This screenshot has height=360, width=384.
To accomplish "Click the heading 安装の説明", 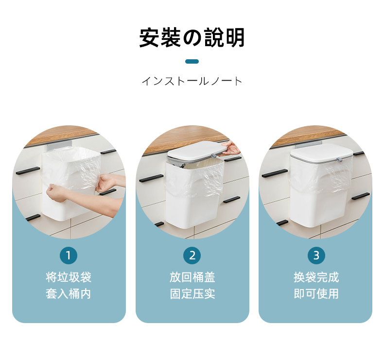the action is coord(192,37).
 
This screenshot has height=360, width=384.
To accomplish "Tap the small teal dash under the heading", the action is coord(192,61).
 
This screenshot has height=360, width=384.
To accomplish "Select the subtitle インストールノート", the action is coord(192,81).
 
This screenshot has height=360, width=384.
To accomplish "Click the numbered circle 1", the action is coord(69,256).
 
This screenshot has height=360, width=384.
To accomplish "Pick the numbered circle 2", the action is coord(192,256).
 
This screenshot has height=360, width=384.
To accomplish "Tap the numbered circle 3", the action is coord(316,256).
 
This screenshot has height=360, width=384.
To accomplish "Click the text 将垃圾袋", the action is coord(69,277).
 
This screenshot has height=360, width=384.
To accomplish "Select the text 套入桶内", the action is coord(69,293).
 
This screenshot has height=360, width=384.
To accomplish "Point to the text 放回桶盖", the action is coord(192,277).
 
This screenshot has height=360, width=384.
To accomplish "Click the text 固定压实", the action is coord(192,293).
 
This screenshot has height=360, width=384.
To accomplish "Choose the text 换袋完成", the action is coord(316,277).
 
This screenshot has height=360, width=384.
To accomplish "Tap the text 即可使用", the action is coord(316,293).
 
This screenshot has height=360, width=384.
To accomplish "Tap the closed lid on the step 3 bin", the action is coord(321,153).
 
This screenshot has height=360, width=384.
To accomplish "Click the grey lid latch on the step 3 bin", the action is coord(339,160).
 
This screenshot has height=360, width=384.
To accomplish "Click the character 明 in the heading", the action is coord(235,37).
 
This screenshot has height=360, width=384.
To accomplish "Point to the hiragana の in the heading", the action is coord(192,38).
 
